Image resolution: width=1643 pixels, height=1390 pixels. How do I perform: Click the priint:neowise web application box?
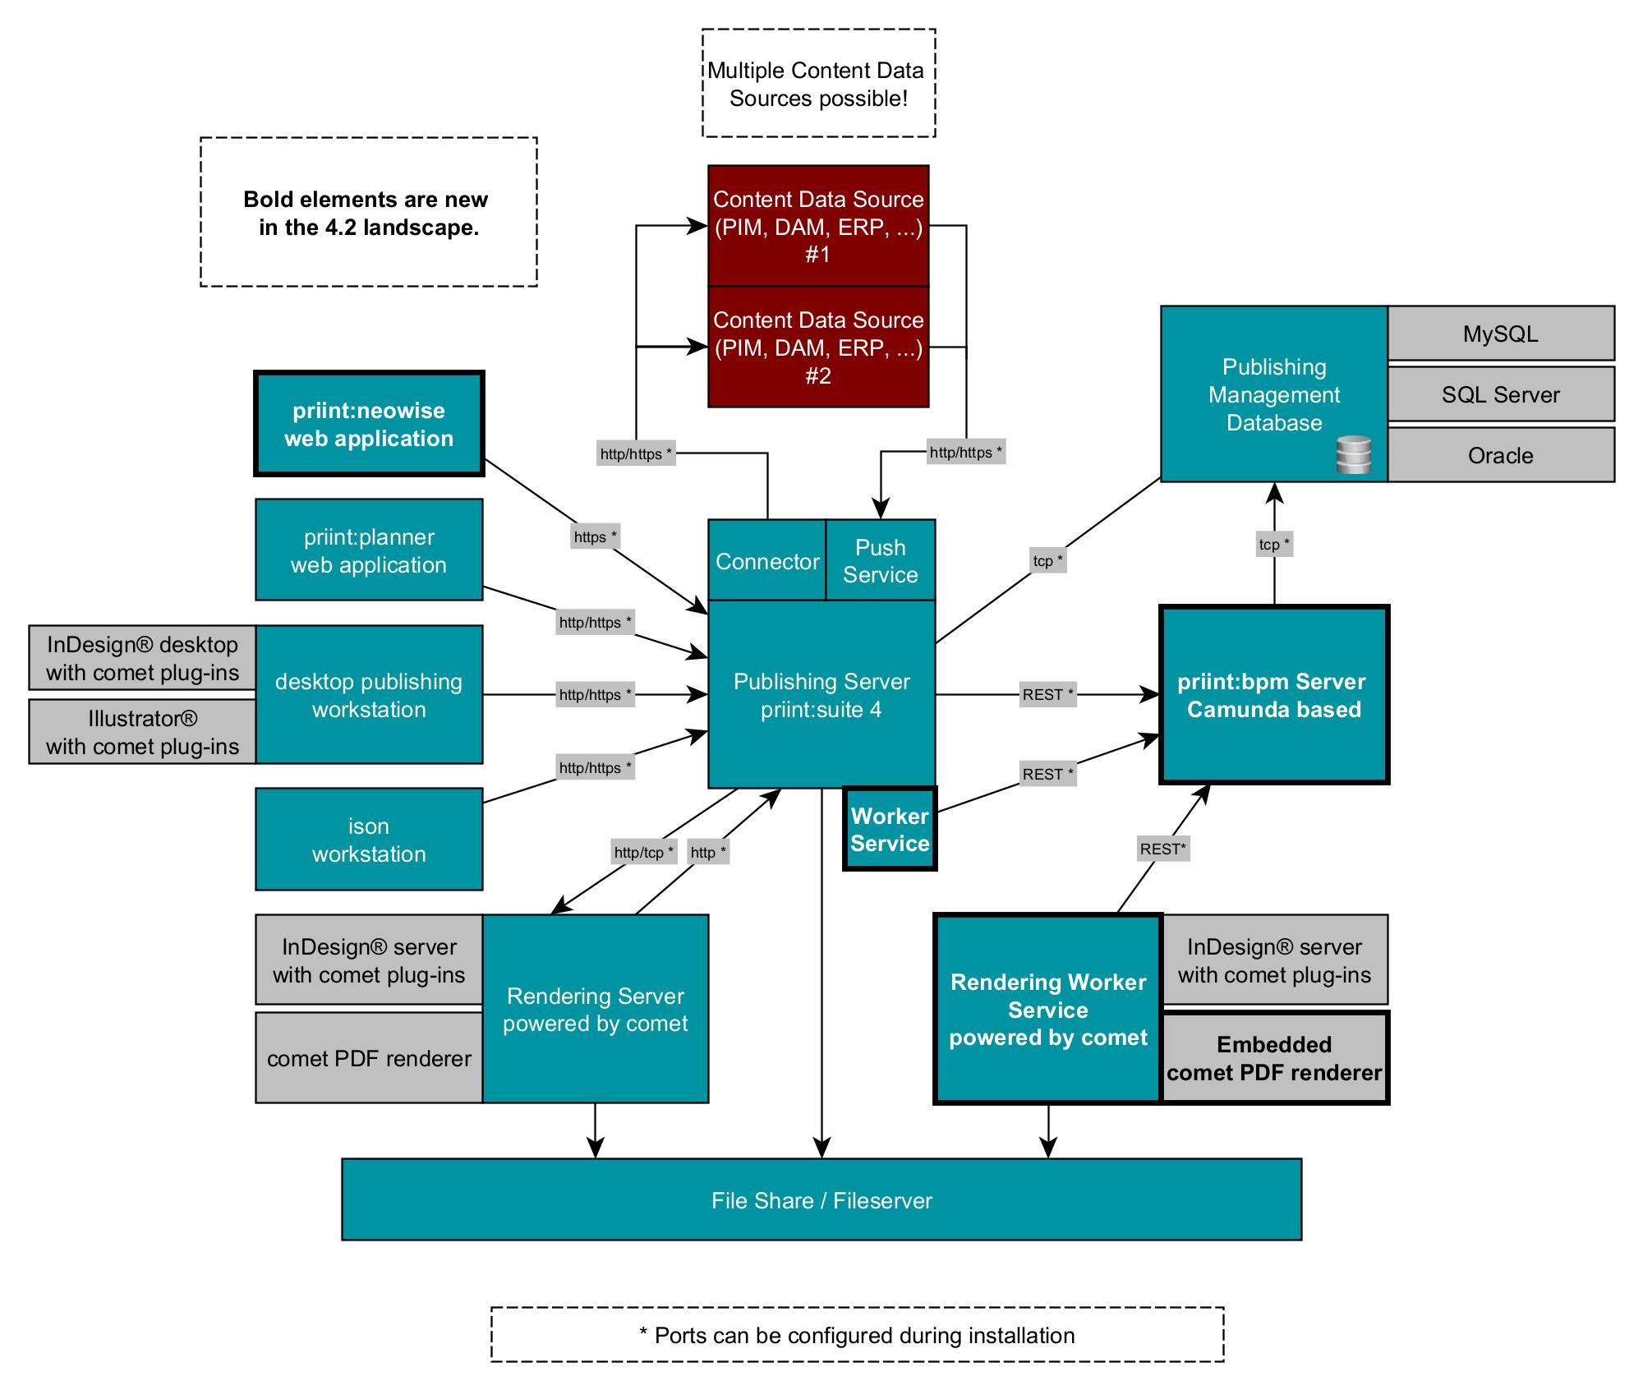[x=369, y=424]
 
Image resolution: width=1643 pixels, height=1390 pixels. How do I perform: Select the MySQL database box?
[x=1500, y=334]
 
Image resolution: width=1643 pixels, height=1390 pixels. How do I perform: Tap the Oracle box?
[x=1500, y=455]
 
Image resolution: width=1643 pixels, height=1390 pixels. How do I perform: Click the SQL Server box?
[x=1500, y=394]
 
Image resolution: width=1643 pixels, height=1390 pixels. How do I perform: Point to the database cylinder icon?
[x=1353, y=455]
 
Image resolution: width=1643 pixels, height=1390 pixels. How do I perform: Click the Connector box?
[x=767, y=561]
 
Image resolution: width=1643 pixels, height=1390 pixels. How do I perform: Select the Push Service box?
[x=880, y=561]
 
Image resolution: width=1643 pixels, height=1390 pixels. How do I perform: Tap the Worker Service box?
[x=890, y=830]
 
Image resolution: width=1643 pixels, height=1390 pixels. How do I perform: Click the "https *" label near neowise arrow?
[x=595, y=537]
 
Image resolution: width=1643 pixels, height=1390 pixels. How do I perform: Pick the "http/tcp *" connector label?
[x=643, y=853]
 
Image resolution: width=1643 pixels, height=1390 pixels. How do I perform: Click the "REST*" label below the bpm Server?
[x=1162, y=849]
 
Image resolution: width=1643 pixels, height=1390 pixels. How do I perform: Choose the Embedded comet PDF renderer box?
[x=1274, y=1058]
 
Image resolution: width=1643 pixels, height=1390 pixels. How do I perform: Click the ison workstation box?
[x=369, y=840]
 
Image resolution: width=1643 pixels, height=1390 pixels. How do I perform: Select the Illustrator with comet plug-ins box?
[x=142, y=732]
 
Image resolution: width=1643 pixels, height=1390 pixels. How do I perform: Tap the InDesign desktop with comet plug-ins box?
[x=142, y=658]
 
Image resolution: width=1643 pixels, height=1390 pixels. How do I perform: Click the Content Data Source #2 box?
[x=818, y=347]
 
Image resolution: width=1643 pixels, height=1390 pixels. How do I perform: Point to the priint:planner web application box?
[x=369, y=550]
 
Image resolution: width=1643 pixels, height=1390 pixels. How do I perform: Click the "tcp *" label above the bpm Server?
[x=1274, y=544]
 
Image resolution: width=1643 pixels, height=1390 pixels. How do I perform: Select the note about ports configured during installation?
[x=857, y=1336]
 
